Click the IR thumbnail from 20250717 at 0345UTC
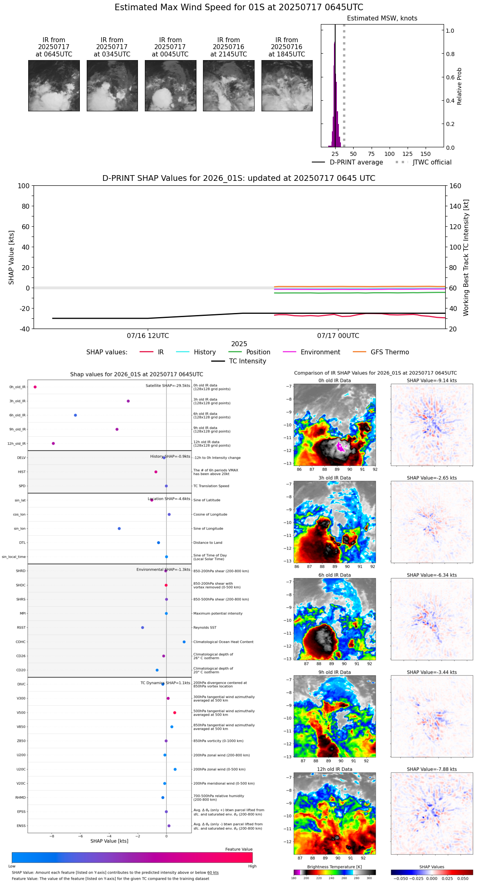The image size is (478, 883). click(x=112, y=86)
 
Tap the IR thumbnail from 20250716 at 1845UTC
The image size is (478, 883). click(x=287, y=86)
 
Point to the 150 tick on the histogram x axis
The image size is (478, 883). click(x=426, y=154)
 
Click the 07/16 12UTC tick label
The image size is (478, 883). click(x=148, y=336)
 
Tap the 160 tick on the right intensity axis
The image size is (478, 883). click(x=455, y=186)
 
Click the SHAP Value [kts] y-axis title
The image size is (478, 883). click(x=11, y=257)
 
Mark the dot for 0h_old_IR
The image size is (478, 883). click(x=35, y=387)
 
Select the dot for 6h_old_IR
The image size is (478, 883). click(x=75, y=415)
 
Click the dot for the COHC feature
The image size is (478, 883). click(x=184, y=642)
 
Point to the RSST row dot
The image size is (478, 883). click(x=142, y=628)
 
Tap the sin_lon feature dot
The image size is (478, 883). click(x=119, y=529)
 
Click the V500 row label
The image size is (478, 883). click(x=21, y=713)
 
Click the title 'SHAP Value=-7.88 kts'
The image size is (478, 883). click(x=432, y=770)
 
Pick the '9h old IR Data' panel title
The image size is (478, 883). click(x=334, y=672)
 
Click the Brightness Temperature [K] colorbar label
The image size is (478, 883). click(x=334, y=867)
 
